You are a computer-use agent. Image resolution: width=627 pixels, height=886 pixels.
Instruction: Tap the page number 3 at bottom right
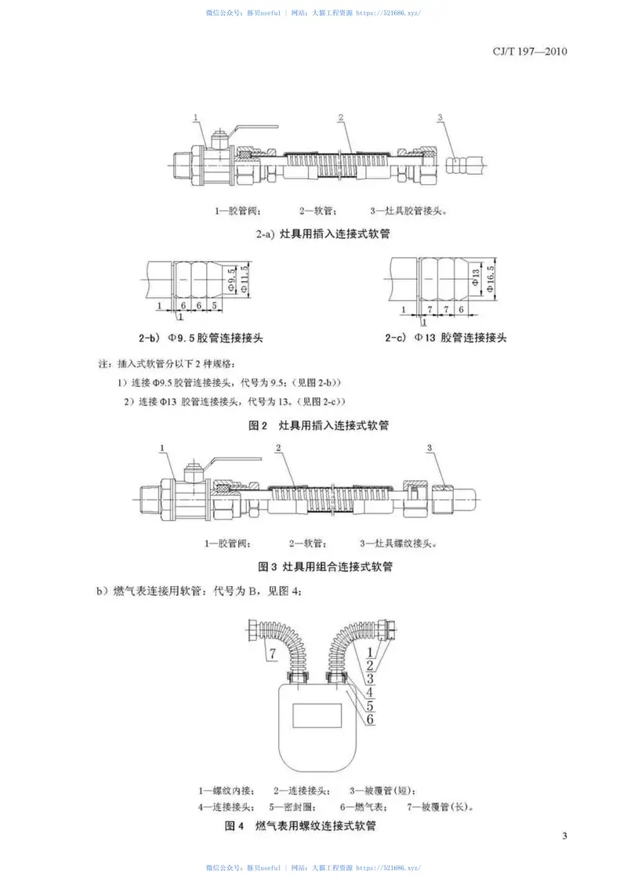(x=564, y=834)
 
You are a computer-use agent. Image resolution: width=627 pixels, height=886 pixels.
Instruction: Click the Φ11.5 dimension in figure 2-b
(x=243, y=279)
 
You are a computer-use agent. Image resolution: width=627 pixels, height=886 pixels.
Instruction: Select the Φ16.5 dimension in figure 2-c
(x=489, y=279)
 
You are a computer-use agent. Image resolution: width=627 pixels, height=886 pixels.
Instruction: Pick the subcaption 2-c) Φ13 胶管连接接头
(x=446, y=338)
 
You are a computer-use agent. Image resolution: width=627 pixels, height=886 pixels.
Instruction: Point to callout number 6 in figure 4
(x=371, y=718)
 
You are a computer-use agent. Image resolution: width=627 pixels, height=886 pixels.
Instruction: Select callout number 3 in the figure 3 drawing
(x=429, y=448)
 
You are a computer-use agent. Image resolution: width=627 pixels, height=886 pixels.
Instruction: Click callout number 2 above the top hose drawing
(x=342, y=118)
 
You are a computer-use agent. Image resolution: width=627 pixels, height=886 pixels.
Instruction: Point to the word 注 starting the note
(x=100, y=364)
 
